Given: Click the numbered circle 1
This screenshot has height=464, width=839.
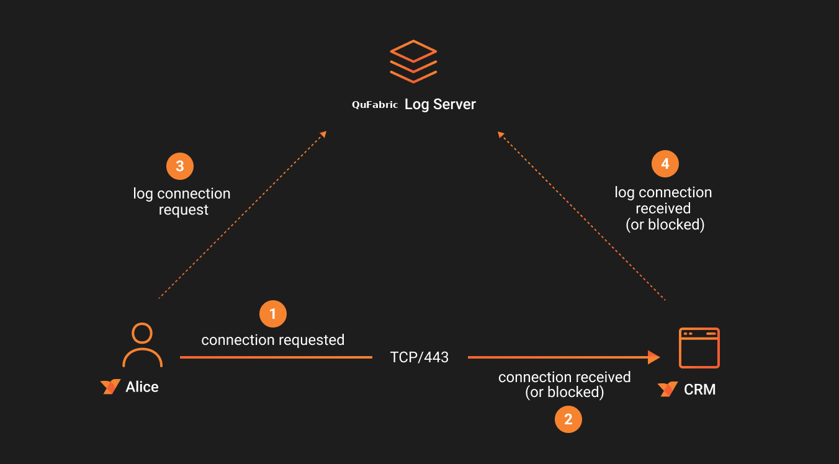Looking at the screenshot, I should click(x=272, y=314).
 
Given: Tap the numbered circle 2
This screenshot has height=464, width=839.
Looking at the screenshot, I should click(x=568, y=419).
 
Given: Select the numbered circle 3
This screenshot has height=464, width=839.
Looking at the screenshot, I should click(x=180, y=166).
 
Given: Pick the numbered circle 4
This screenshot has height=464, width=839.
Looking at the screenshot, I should click(x=665, y=164).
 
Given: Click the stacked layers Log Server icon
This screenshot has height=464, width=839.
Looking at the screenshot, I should click(x=413, y=61).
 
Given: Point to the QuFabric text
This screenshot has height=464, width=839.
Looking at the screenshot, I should click(x=375, y=105).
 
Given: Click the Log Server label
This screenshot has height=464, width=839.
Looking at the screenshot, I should click(x=440, y=104).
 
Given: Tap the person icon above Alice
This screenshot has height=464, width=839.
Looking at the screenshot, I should click(x=142, y=345).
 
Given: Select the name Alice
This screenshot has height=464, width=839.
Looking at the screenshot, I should click(x=142, y=387).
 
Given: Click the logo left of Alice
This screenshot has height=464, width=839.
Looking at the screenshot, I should click(x=110, y=387).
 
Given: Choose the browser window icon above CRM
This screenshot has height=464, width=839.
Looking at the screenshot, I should click(x=699, y=348).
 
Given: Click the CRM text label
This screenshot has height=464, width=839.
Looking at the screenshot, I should click(x=699, y=390).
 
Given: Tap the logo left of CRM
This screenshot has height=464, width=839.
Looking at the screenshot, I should click(x=668, y=390).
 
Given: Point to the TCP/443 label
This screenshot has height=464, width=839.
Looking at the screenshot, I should click(x=419, y=357).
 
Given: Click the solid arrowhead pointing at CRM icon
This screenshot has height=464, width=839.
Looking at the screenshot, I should click(x=653, y=357).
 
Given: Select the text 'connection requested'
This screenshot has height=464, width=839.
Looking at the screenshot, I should click(x=272, y=340).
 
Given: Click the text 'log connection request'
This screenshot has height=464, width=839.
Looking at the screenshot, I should click(x=182, y=202).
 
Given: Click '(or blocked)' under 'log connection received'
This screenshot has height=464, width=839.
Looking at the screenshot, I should click(x=665, y=225).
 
